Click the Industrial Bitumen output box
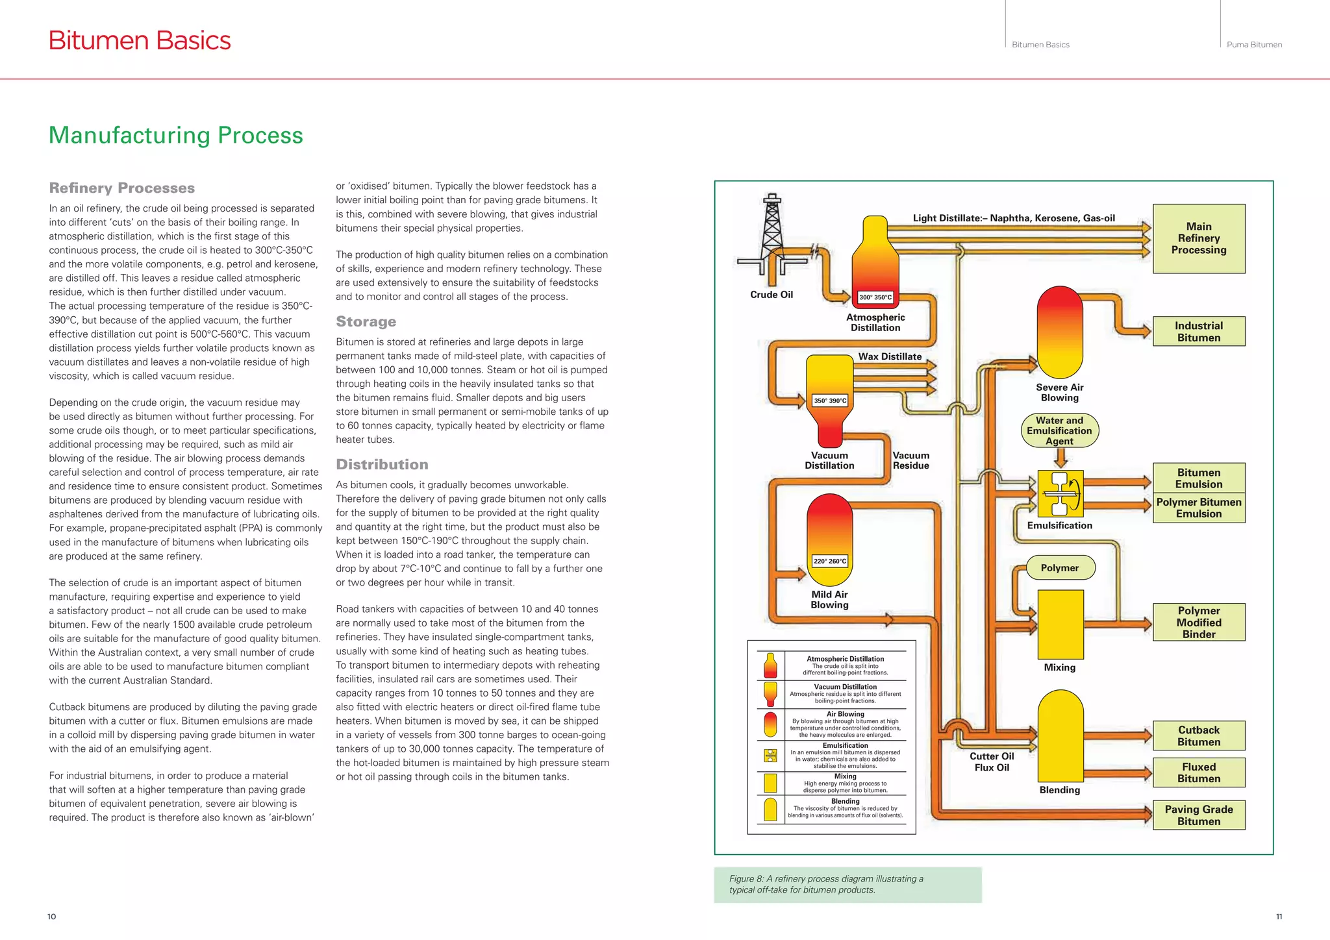(x=1199, y=332)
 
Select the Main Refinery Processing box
(x=1199, y=238)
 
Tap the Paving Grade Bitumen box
(x=1199, y=815)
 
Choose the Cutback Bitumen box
(x=1199, y=736)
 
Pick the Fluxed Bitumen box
(x=1199, y=773)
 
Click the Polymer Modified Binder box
(x=1199, y=623)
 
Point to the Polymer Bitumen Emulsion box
(x=1199, y=508)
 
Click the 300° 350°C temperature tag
(x=875, y=297)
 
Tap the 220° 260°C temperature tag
(x=830, y=561)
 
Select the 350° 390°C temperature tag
(x=830, y=401)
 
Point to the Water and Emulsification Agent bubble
(x=1059, y=430)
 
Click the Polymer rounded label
(x=1059, y=567)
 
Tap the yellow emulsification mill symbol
(x=1060, y=493)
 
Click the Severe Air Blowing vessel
(x=1060, y=332)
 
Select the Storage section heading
(x=366, y=321)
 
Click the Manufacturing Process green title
(x=176, y=135)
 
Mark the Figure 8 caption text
(x=826, y=884)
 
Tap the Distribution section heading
(x=382, y=464)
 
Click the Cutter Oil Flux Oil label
(x=992, y=761)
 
